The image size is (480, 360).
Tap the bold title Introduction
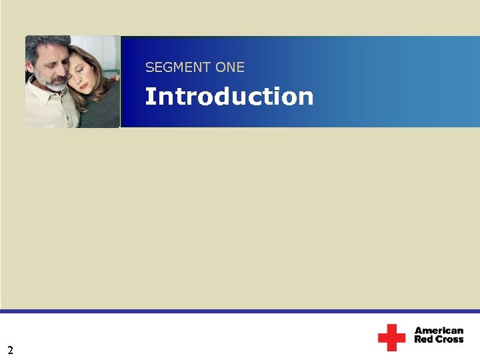[229, 97]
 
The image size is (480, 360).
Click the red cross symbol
[391, 337]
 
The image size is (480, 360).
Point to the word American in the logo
[439, 331]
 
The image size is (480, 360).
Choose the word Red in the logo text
[423, 339]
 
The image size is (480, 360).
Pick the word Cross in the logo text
[449, 339]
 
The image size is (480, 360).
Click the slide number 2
[10, 349]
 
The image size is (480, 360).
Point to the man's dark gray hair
[40, 45]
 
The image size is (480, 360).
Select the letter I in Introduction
[148, 97]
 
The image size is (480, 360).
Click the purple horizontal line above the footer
[240, 311]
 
